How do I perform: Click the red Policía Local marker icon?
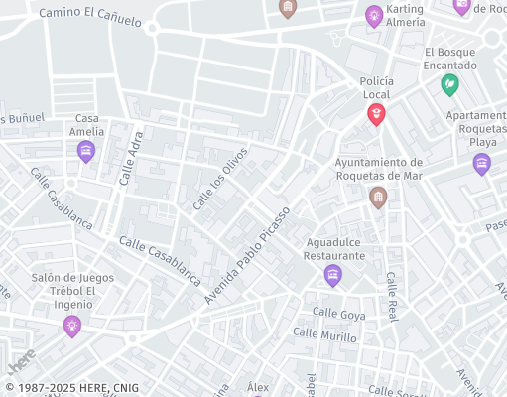click(377, 115)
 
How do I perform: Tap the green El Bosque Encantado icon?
click(450, 85)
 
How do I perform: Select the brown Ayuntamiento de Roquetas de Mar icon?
click(378, 198)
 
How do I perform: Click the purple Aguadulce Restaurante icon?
click(333, 275)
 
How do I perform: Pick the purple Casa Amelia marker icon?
click(86, 152)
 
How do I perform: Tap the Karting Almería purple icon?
click(374, 15)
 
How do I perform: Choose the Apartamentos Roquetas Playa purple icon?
click(482, 164)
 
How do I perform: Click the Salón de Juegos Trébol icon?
click(71, 325)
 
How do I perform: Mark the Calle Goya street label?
click(339, 313)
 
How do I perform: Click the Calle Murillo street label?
click(325, 336)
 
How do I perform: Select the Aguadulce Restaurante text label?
click(334, 248)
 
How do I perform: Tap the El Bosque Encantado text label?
click(450, 59)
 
